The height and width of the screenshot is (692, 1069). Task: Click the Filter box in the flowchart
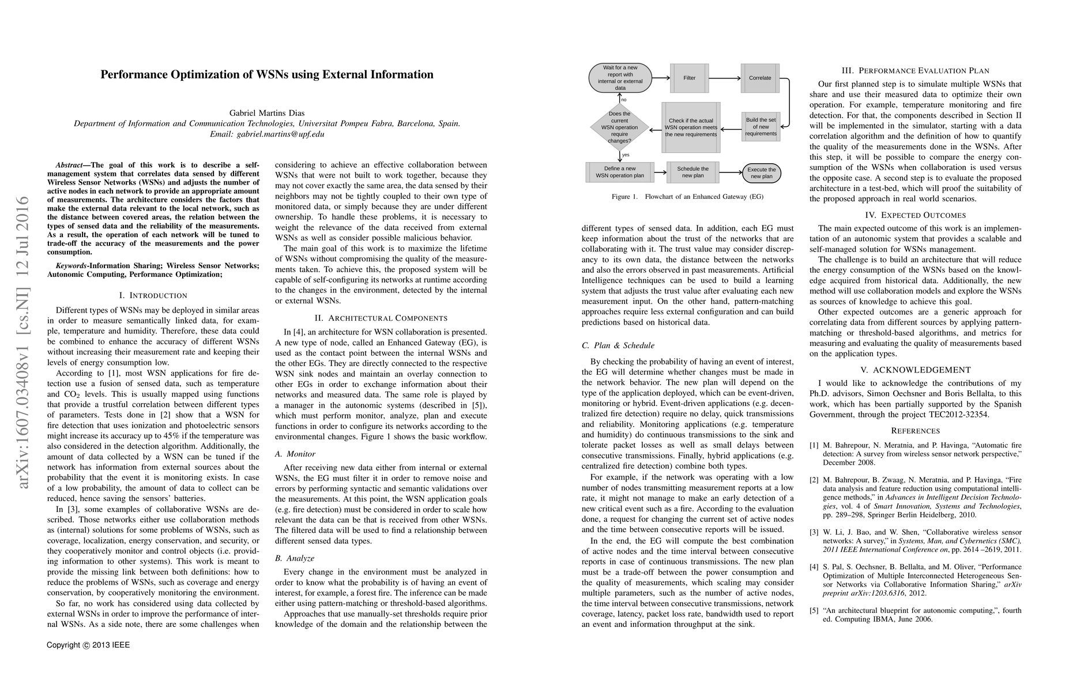(690, 78)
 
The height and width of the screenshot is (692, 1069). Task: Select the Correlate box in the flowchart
(760, 78)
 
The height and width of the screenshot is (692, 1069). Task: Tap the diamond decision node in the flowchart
(620, 127)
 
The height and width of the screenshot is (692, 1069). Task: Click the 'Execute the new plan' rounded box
(761, 172)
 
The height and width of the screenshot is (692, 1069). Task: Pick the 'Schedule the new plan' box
(692, 172)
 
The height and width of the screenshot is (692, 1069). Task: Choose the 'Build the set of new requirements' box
(761, 127)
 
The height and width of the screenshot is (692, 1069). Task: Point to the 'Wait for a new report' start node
(620, 78)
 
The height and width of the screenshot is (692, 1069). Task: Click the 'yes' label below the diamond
(626, 155)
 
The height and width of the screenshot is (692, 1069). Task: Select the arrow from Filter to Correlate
(725, 78)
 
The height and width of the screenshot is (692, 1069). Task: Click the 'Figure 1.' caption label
(624, 197)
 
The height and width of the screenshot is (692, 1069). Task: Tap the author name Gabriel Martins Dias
(267, 113)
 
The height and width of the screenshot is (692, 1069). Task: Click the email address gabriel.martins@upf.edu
(267, 134)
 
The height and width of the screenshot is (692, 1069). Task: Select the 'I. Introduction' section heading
(153, 295)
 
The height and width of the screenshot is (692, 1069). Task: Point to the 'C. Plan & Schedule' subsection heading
(618, 345)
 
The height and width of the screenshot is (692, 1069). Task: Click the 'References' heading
(915, 431)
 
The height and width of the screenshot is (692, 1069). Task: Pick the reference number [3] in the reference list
(814, 532)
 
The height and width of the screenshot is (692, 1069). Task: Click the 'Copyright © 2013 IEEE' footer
(88, 645)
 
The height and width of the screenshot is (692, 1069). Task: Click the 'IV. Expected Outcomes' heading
(915, 215)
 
